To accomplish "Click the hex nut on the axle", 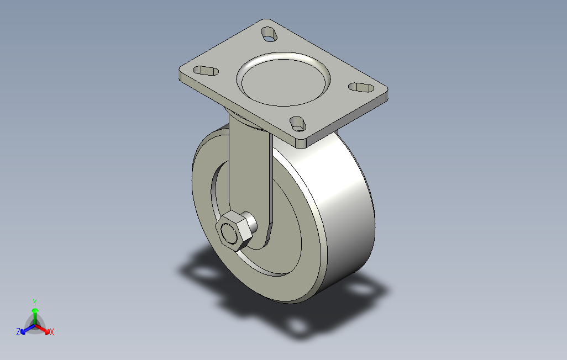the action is coord(233,231).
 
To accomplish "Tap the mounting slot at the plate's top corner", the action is coord(269,34).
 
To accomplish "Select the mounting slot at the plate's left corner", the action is coord(206,71).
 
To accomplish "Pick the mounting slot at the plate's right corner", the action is coord(361,87).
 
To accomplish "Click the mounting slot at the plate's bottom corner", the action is coord(298,124).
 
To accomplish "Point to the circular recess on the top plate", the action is coord(283,79).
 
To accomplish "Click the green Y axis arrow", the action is coord(35,316).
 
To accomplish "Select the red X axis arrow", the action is coord(43,329).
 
